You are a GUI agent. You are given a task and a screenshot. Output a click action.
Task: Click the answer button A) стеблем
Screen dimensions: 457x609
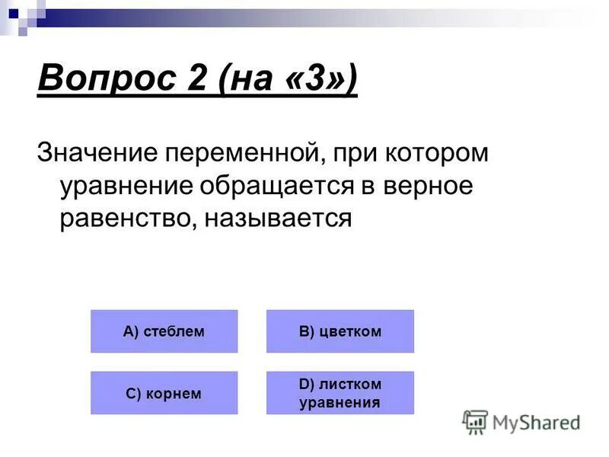coord(164,331)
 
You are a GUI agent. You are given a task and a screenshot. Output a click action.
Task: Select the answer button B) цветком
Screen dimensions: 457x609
coord(340,331)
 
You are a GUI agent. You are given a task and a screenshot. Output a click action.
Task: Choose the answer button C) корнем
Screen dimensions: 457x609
coord(164,393)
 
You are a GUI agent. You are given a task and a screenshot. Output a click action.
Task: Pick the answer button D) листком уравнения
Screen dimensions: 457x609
coord(340,393)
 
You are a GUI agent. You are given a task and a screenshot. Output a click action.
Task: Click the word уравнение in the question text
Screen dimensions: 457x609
coord(127,186)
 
